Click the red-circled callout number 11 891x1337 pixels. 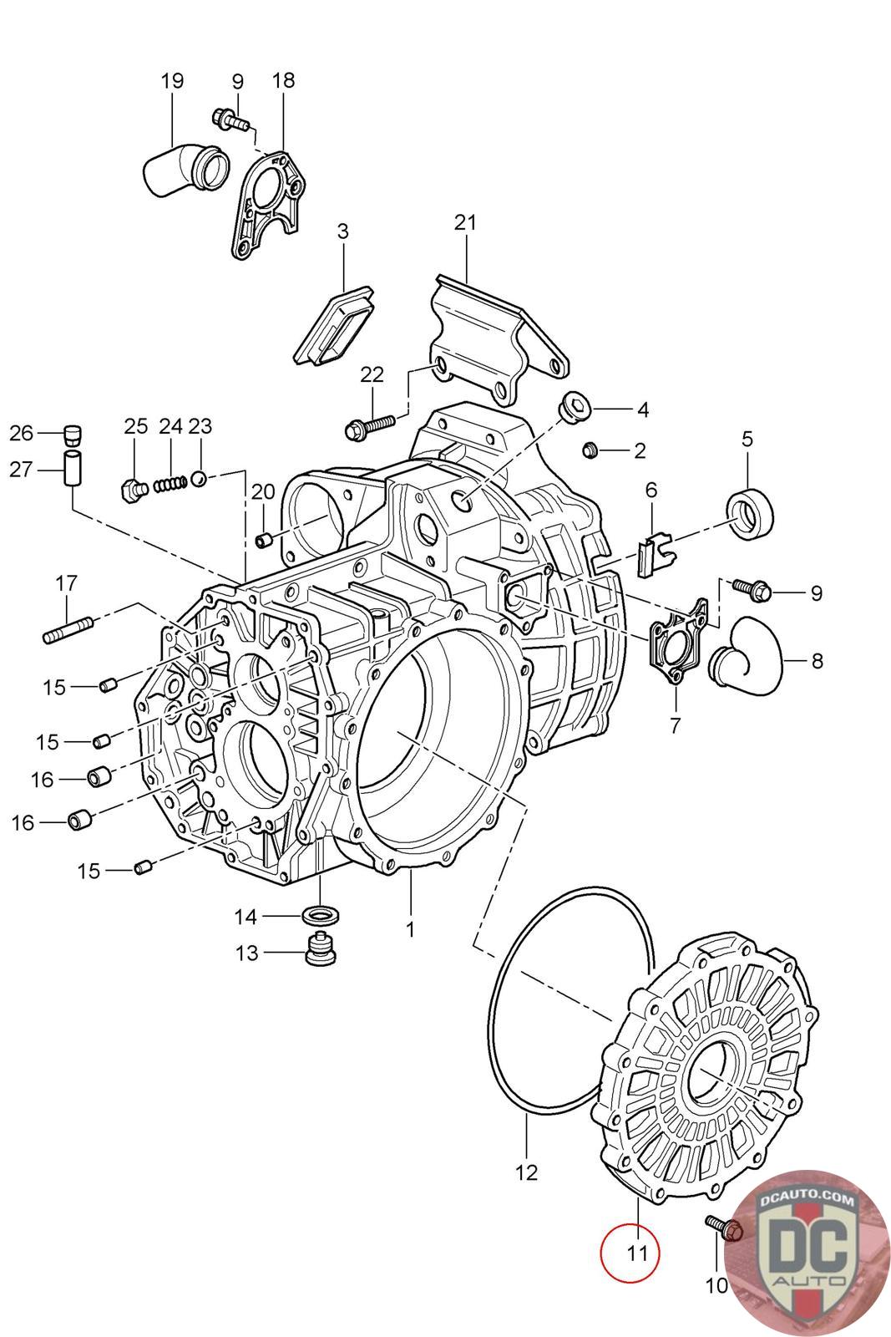click(637, 1253)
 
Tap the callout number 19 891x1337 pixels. click(172, 80)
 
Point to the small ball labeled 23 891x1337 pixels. click(199, 479)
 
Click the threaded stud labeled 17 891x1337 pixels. click(68, 630)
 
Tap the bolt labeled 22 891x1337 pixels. click(370, 427)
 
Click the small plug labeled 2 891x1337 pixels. click(590, 450)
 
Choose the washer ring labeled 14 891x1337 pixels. click(321, 914)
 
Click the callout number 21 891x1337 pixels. click(465, 222)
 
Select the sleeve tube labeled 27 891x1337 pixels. click(72, 469)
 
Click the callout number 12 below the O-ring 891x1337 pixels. click(526, 1173)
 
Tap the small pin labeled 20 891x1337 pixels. click(264, 540)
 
